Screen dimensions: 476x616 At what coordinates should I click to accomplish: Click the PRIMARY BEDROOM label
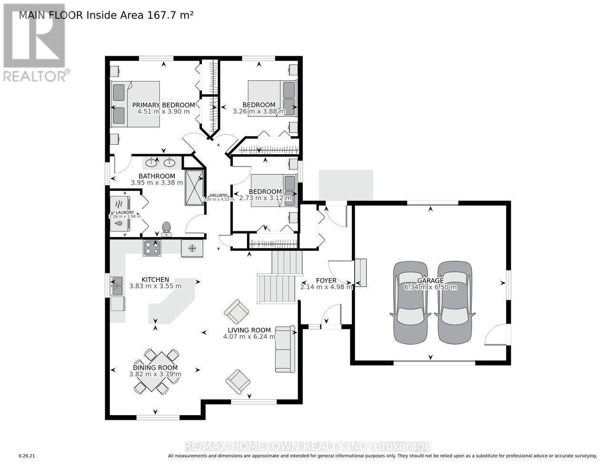point(163,105)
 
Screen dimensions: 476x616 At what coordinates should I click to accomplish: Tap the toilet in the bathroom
point(166,229)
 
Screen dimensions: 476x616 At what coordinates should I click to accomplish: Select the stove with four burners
point(152,248)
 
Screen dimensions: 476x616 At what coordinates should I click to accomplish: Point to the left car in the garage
point(410,302)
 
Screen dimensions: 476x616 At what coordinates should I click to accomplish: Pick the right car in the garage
point(455,302)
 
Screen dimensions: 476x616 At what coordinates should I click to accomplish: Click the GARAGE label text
point(430,281)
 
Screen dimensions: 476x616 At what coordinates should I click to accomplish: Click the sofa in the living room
point(284,349)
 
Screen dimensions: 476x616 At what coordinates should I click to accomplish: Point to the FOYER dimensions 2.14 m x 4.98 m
point(326,287)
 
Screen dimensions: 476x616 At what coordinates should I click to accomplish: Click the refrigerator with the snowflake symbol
point(192,248)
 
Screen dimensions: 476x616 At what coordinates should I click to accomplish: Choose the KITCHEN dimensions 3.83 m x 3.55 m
point(155,286)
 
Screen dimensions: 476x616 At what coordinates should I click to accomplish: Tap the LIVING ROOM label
point(249,330)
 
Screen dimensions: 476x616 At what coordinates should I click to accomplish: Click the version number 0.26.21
point(27,456)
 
